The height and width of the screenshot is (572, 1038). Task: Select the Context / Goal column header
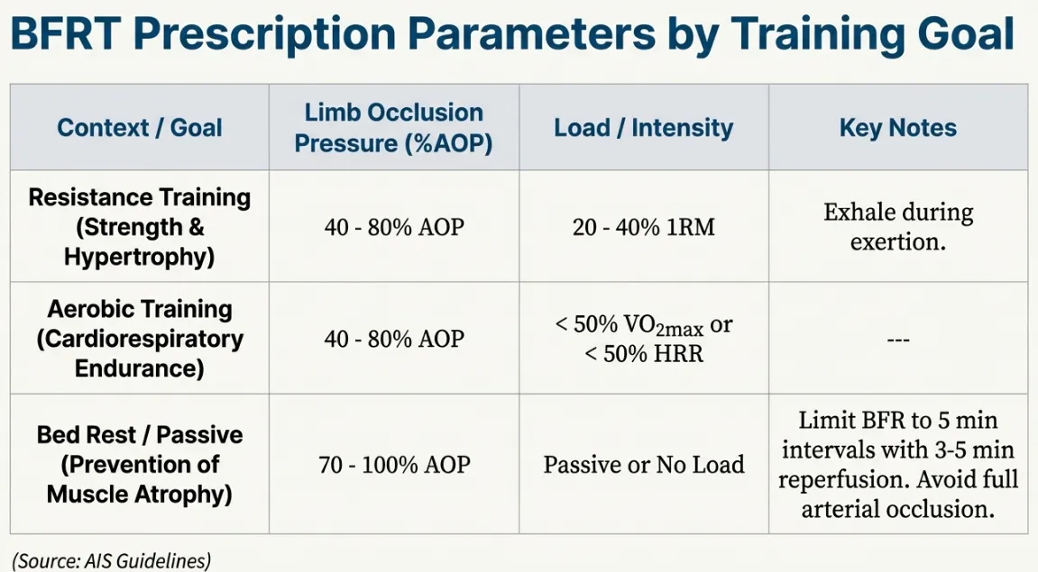coord(139,127)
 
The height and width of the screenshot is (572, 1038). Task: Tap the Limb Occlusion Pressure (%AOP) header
coord(393,127)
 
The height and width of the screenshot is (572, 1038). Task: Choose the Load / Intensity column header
coord(643,127)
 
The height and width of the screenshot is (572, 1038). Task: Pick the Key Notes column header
coord(897,127)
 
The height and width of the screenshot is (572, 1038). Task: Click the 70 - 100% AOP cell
coord(394,465)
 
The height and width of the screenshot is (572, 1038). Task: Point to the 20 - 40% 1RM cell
coord(643,227)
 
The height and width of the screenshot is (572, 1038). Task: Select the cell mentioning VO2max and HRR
coord(643,339)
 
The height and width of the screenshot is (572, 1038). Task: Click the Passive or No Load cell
coord(643,465)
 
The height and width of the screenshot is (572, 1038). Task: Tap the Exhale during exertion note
coord(897,227)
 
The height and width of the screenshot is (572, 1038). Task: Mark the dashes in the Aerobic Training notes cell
coord(897,340)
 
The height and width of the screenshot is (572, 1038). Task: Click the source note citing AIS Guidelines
coord(111,560)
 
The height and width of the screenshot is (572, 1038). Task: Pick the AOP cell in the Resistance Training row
coord(394,227)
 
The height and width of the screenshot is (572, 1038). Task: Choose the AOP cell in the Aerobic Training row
coord(394,339)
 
